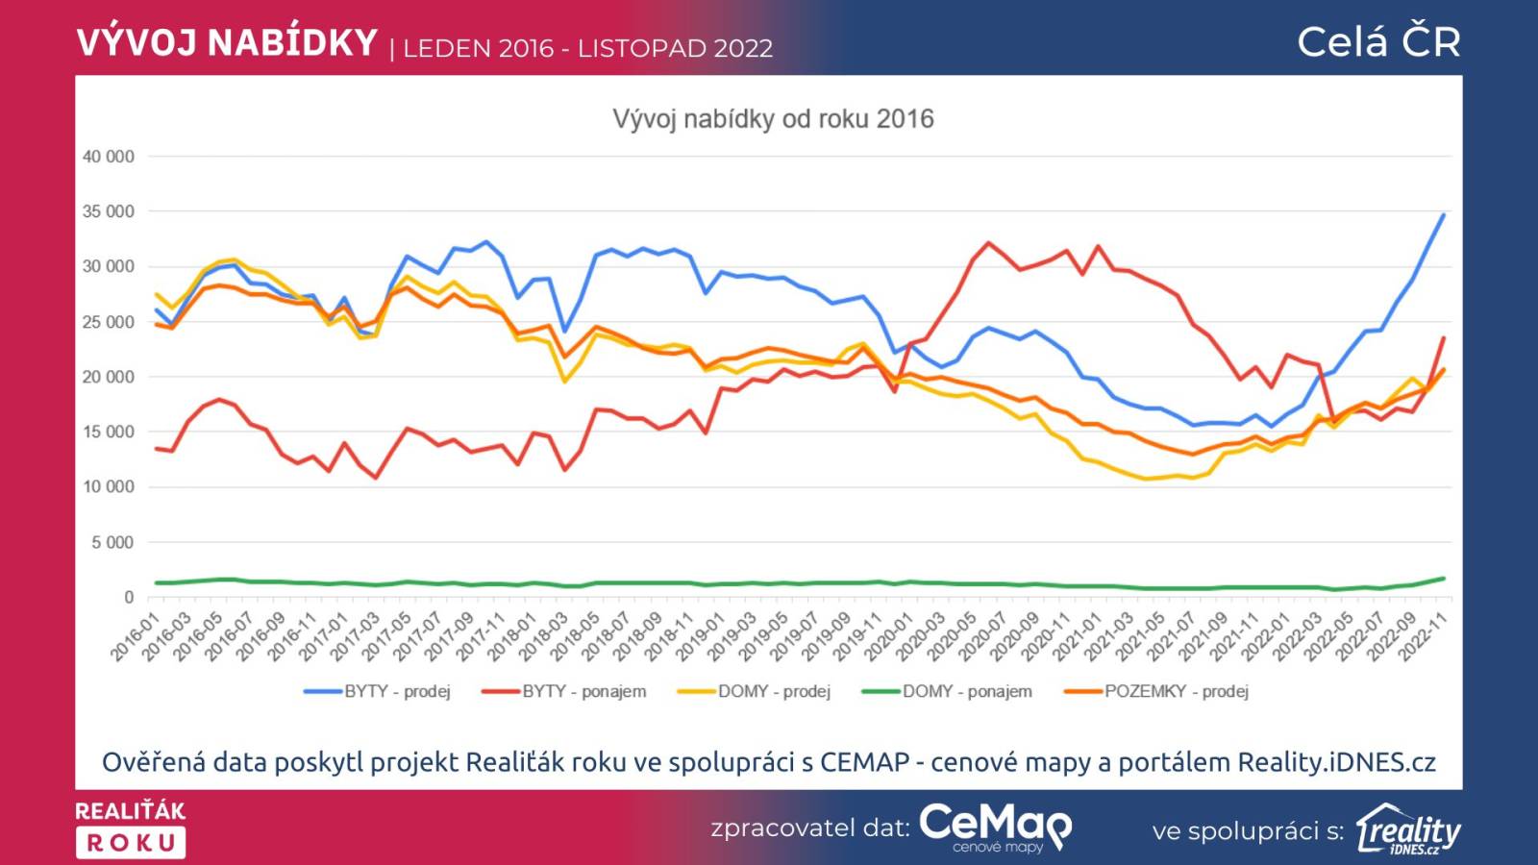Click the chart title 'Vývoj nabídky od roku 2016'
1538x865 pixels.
[x=773, y=119]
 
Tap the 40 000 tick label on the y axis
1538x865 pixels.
[x=108, y=157]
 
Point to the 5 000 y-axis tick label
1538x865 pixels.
[x=112, y=543]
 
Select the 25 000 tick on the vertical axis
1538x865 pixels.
[x=108, y=322]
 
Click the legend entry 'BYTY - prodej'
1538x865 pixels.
[x=377, y=691]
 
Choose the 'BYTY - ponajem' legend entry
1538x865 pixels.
[x=564, y=691]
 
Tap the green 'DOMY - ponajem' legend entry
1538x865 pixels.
[x=947, y=691]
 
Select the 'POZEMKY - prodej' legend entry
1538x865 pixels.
[x=1156, y=691]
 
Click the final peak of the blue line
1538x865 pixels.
[x=1443, y=215]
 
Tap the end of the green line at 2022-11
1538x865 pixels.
[x=1443, y=579]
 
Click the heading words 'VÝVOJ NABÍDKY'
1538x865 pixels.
[x=227, y=43]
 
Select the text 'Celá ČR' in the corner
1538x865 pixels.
[x=1378, y=42]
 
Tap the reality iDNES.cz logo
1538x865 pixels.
[x=1408, y=829]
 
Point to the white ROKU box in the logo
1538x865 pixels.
[x=131, y=843]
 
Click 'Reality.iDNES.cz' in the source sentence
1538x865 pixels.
[x=1336, y=762]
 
